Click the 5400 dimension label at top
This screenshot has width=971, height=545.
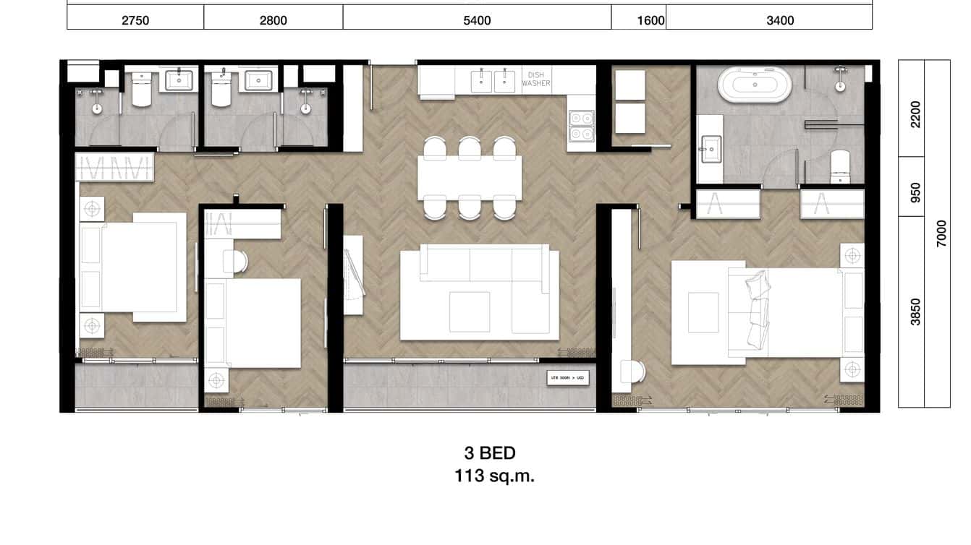click(x=477, y=20)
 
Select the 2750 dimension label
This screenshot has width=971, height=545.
click(x=135, y=20)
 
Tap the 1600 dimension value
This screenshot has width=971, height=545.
click(x=651, y=20)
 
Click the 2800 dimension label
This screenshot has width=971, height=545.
click(x=274, y=20)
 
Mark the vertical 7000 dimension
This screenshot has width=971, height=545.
click(x=941, y=233)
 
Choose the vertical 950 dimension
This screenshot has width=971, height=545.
click(x=915, y=192)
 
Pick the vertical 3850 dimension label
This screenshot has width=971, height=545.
click(x=915, y=312)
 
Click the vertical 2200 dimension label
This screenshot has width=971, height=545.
click(x=915, y=113)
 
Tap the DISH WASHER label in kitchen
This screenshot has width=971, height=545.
click(x=536, y=79)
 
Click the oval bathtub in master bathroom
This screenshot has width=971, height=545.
click(x=755, y=85)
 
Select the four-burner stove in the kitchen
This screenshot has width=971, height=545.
click(x=581, y=126)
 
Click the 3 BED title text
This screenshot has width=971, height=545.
click(x=490, y=453)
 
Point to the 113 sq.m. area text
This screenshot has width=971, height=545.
click(x=494, y=476)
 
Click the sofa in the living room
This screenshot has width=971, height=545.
click(x=480, y=292)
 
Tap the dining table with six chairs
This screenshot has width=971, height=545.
click(x=470, y=177)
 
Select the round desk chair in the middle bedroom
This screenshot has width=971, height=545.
click(x=236, y=261)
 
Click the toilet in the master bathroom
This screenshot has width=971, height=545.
click(x=841, y=165)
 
